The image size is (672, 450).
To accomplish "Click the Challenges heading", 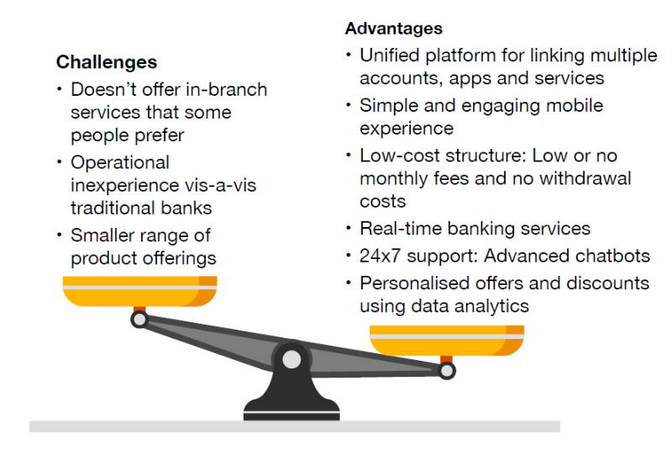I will click(x=106, y=62).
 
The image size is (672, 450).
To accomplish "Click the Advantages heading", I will click(x=393, y=29).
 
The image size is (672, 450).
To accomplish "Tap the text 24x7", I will click(x=381, y=256).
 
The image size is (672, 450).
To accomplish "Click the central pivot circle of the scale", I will click(x=291, y=360).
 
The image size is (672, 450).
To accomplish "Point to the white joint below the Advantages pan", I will click(x=447, y=370).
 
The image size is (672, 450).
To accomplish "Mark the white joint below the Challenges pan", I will click(x=139, y=320).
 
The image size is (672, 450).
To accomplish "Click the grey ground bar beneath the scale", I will click(x=294, y=426).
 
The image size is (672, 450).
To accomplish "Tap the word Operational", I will click(x=120, y=162).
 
